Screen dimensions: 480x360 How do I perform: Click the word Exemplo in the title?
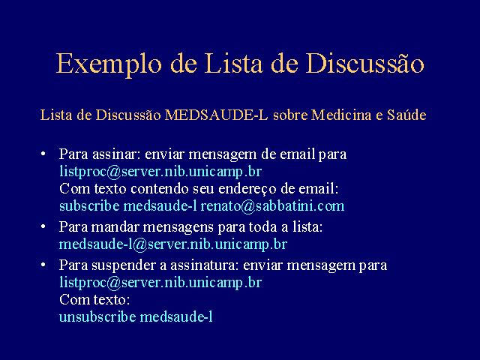click(x=109, y=64)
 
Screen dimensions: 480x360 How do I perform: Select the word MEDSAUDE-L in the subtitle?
click(x=216, y=115)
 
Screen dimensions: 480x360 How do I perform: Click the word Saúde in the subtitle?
click(x=406, y=115)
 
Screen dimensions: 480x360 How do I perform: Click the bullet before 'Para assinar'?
click(x=43, y=153)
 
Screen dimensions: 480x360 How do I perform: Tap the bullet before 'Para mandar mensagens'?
click(x=43, y=226)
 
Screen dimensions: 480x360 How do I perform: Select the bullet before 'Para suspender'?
click(x=43, y=265)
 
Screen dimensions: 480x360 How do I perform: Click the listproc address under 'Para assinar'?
click(x=160, y=172)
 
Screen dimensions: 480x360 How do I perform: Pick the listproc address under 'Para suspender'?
click(x=160, y=283)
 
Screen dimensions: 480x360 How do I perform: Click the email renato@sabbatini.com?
click(x=272, y=206)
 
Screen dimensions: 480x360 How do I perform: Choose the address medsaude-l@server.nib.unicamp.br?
click(x=173, y=244)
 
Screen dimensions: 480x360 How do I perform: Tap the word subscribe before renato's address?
click(x=89, y=206)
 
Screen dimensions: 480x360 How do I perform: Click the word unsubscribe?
click(x=97, y=316)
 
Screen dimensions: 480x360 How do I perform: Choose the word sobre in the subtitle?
click(x=290, y=115)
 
